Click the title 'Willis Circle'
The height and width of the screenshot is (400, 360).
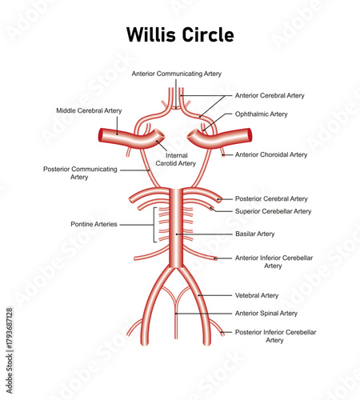(x=180, y=35)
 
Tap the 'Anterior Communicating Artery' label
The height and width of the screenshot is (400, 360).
(x=177, y=74)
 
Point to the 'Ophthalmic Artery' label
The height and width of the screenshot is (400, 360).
(x=262, y=114)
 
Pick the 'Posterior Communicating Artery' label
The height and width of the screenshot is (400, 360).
(x=79, y=173)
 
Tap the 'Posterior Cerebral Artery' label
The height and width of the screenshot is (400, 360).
(x=272, y=198)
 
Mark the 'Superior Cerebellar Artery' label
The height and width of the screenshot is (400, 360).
(x=274, y=211)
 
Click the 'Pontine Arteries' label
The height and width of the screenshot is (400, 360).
(x=94, y=225)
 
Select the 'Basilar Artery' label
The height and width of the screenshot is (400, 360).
(x=255, y=234)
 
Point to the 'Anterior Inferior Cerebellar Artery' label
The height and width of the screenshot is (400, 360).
(x=274, y=262)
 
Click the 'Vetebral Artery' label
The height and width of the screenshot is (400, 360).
(x=257, y=295)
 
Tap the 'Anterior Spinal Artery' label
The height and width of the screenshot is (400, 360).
(x=266, y=314)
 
